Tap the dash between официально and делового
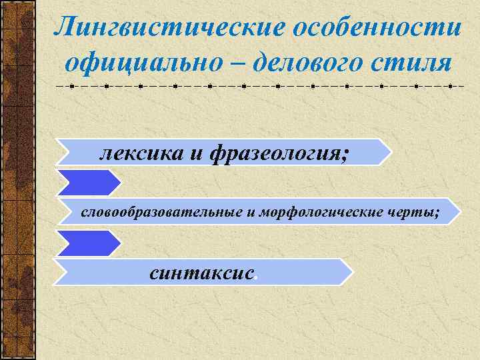[x=229, y=64]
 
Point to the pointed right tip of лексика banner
[x=389, y=152]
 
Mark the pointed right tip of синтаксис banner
[x=351, y=272]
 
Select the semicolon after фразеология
[x=344, y=156]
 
